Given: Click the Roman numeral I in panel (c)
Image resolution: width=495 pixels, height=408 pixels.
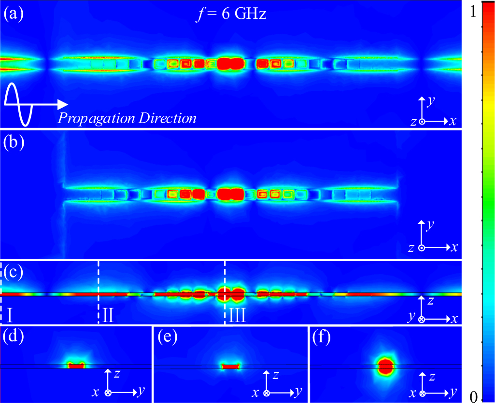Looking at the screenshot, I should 10,316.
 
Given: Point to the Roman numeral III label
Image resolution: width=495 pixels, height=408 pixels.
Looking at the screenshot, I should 237,316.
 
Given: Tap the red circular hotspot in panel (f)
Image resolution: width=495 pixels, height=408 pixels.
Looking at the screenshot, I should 386,366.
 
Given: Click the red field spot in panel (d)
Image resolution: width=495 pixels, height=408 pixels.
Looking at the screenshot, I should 76,366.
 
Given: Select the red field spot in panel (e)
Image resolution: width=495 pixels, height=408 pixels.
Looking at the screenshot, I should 230,366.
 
